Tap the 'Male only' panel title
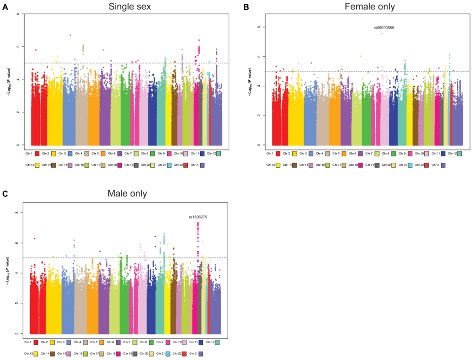tap(127, 193)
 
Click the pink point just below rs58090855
tap(382, 34)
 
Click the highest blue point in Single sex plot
tap(70, 35)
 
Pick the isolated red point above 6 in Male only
tap(34, 239)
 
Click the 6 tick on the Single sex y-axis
tap(18, 46)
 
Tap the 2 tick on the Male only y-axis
tap(18, 303)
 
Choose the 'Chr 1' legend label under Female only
tap(270, 154)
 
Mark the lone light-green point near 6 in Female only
tap(361, 56)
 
